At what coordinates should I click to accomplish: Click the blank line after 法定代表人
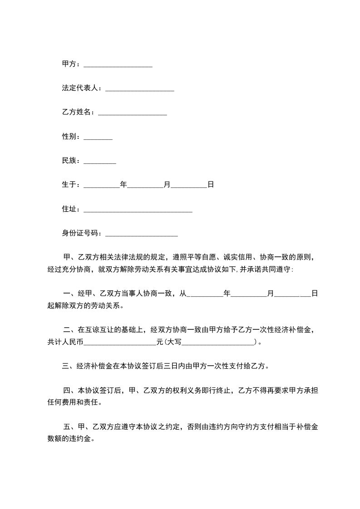click(x=140, y=88)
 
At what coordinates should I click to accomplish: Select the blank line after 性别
click(x=98, y=137)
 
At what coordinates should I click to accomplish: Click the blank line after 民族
click(x=100, y=161)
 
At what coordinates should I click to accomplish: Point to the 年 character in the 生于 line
click(x=123, y=185)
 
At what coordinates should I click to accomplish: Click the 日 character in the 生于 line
click(x=211, y=185)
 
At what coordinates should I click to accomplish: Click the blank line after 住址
click(x=138, y=209)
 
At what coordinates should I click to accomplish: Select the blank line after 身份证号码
click(x=141, y=234)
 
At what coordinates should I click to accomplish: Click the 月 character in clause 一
click(x=271, y=294)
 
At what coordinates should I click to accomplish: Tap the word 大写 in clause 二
click(x=175, y=342)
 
